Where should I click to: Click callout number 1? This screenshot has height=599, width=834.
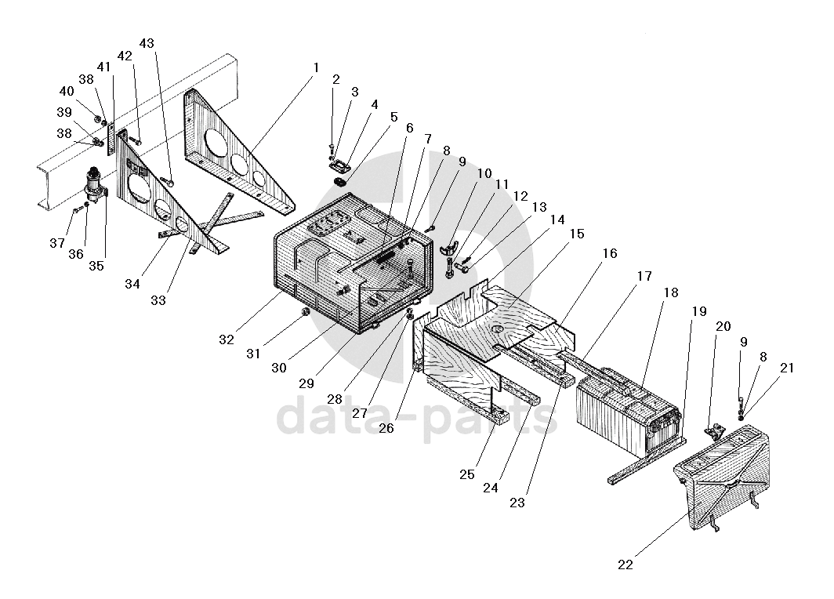(315, 67)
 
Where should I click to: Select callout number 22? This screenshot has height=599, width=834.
(625, 564)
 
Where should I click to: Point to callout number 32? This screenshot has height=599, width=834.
(227, 339)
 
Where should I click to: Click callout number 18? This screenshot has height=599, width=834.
(671, 292)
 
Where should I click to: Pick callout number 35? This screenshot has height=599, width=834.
(96, 265)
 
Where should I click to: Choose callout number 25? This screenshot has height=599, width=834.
(467, 475)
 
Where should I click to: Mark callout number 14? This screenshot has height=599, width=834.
(557, 220)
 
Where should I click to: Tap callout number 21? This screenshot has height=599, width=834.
(787, 367)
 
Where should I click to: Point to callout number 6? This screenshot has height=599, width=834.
(408, 128)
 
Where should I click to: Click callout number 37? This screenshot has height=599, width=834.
(56, 243)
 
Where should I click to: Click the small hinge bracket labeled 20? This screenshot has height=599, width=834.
(714, 431)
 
